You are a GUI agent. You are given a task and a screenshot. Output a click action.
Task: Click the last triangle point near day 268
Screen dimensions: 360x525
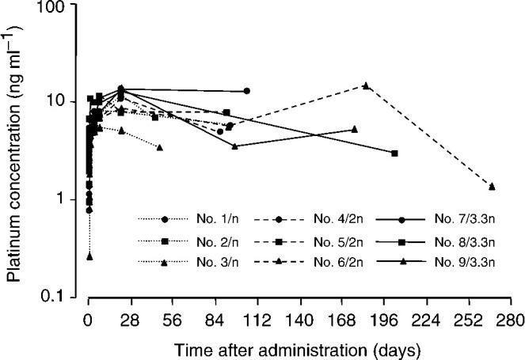coord(492,186)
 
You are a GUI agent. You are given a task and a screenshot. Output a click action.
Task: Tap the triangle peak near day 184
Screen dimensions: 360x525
coord(366,85)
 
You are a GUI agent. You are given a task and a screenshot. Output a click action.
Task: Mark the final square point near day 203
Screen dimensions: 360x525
coord(394,153)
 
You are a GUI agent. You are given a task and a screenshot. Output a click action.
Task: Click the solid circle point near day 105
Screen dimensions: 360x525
coord(247,91)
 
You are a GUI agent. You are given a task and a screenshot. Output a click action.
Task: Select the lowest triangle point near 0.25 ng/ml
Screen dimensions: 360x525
coord(89,256)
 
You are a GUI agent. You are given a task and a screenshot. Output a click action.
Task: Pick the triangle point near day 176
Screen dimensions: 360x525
coord(354,129)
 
